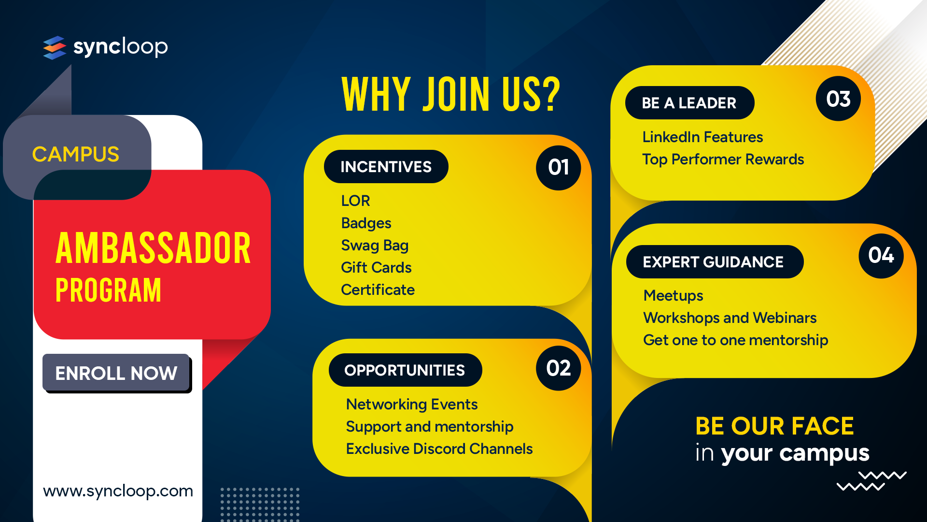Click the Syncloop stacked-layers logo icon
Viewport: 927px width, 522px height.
point(55,47)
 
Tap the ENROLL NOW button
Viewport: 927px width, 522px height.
point(116,373)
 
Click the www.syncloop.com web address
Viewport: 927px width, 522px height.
point(118,491)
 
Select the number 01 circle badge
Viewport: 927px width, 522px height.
point(558,168)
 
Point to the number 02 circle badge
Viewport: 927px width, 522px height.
point(558,368)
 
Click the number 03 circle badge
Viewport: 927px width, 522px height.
point(838,99)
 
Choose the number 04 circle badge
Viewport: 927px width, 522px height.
point(881,256)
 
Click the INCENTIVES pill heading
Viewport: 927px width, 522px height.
point(386,167)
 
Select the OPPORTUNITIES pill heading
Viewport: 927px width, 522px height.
point(405,370)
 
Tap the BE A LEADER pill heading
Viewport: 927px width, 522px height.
point(689,102)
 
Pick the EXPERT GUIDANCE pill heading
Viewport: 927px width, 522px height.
point(715,262)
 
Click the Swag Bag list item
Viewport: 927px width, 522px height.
point(375,246)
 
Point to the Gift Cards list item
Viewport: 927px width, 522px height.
point(376,267)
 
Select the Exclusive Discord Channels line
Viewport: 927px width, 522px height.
point(439,449)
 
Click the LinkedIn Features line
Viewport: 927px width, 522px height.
point(702,137)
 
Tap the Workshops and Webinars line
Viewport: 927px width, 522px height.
point(730,318)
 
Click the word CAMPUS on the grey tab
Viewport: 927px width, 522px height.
point(76,155)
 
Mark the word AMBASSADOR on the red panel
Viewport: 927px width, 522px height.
point(154,248)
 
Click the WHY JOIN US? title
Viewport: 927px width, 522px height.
point(451,94)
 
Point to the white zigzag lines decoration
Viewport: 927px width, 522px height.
point(871,481)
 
